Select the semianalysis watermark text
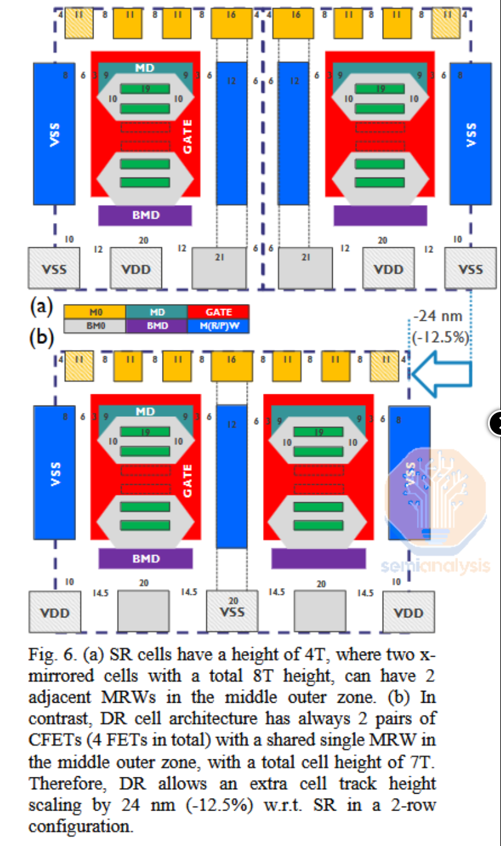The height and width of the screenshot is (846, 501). click(436, 566)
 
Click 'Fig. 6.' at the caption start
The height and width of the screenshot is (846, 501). click(50, 655)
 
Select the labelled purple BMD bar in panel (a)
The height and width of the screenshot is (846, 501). click(145, 215)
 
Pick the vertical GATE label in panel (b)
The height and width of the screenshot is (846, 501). click(188, 480)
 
